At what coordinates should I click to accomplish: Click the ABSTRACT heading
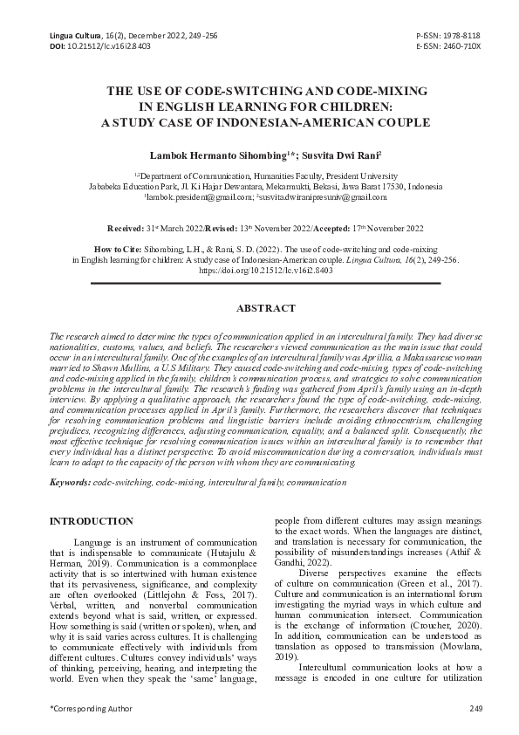[259, 308]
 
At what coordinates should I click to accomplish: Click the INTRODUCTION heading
[91, 521]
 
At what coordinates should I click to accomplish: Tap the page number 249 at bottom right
[475, 708]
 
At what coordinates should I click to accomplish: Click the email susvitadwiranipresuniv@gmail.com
[317, 198]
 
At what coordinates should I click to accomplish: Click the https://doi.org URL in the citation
[259, 271]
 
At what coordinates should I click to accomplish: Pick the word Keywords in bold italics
[70, 483]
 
